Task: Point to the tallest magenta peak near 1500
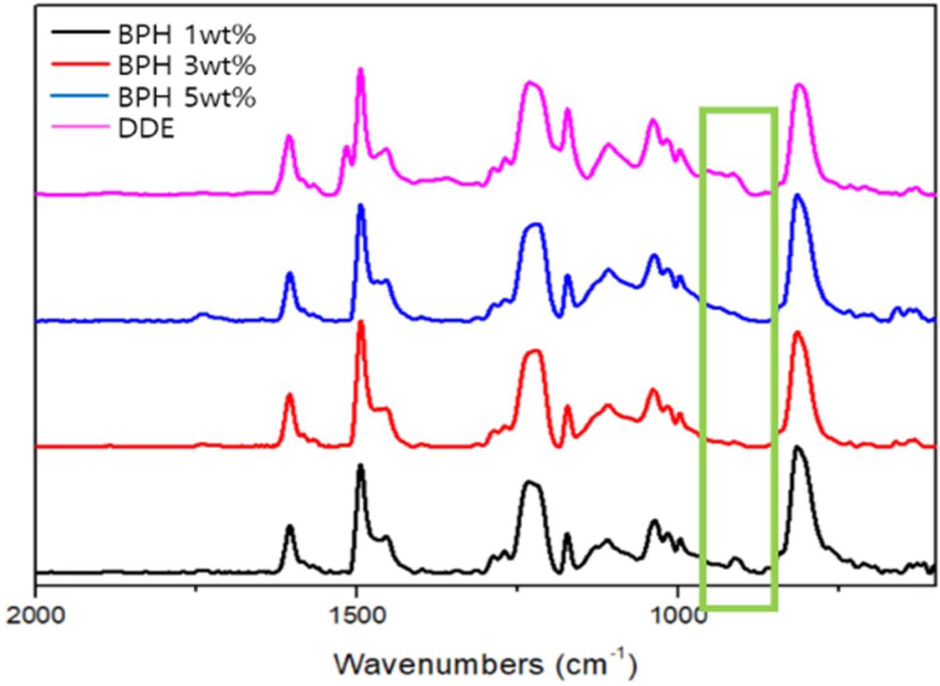[361, 69]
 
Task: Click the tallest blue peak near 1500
[361, 206]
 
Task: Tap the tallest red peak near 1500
[361, 322]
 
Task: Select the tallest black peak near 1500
[361, 466]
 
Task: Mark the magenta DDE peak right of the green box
[800, 86]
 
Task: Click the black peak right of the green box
[797, 448]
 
